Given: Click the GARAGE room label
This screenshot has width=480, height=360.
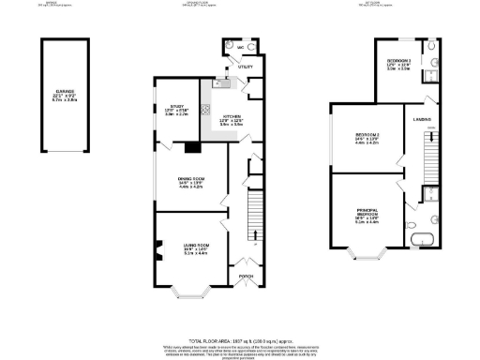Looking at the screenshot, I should tap(64, 92).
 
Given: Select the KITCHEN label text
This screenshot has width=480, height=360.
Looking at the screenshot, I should tap(230, 118).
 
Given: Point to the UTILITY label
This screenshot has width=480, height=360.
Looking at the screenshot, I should tap(246, 67).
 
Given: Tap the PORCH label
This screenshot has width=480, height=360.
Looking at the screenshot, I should tap(246, 277).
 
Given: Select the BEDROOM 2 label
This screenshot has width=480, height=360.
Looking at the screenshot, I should tap(367, 137).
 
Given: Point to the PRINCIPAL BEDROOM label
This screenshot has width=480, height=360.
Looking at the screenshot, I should tap(367, 214).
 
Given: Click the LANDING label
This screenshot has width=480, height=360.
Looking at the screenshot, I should tap(421, 119).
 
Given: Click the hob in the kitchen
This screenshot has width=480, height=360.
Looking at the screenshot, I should tap(203, 110).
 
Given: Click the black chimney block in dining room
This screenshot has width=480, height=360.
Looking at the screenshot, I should tap(193, 145).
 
